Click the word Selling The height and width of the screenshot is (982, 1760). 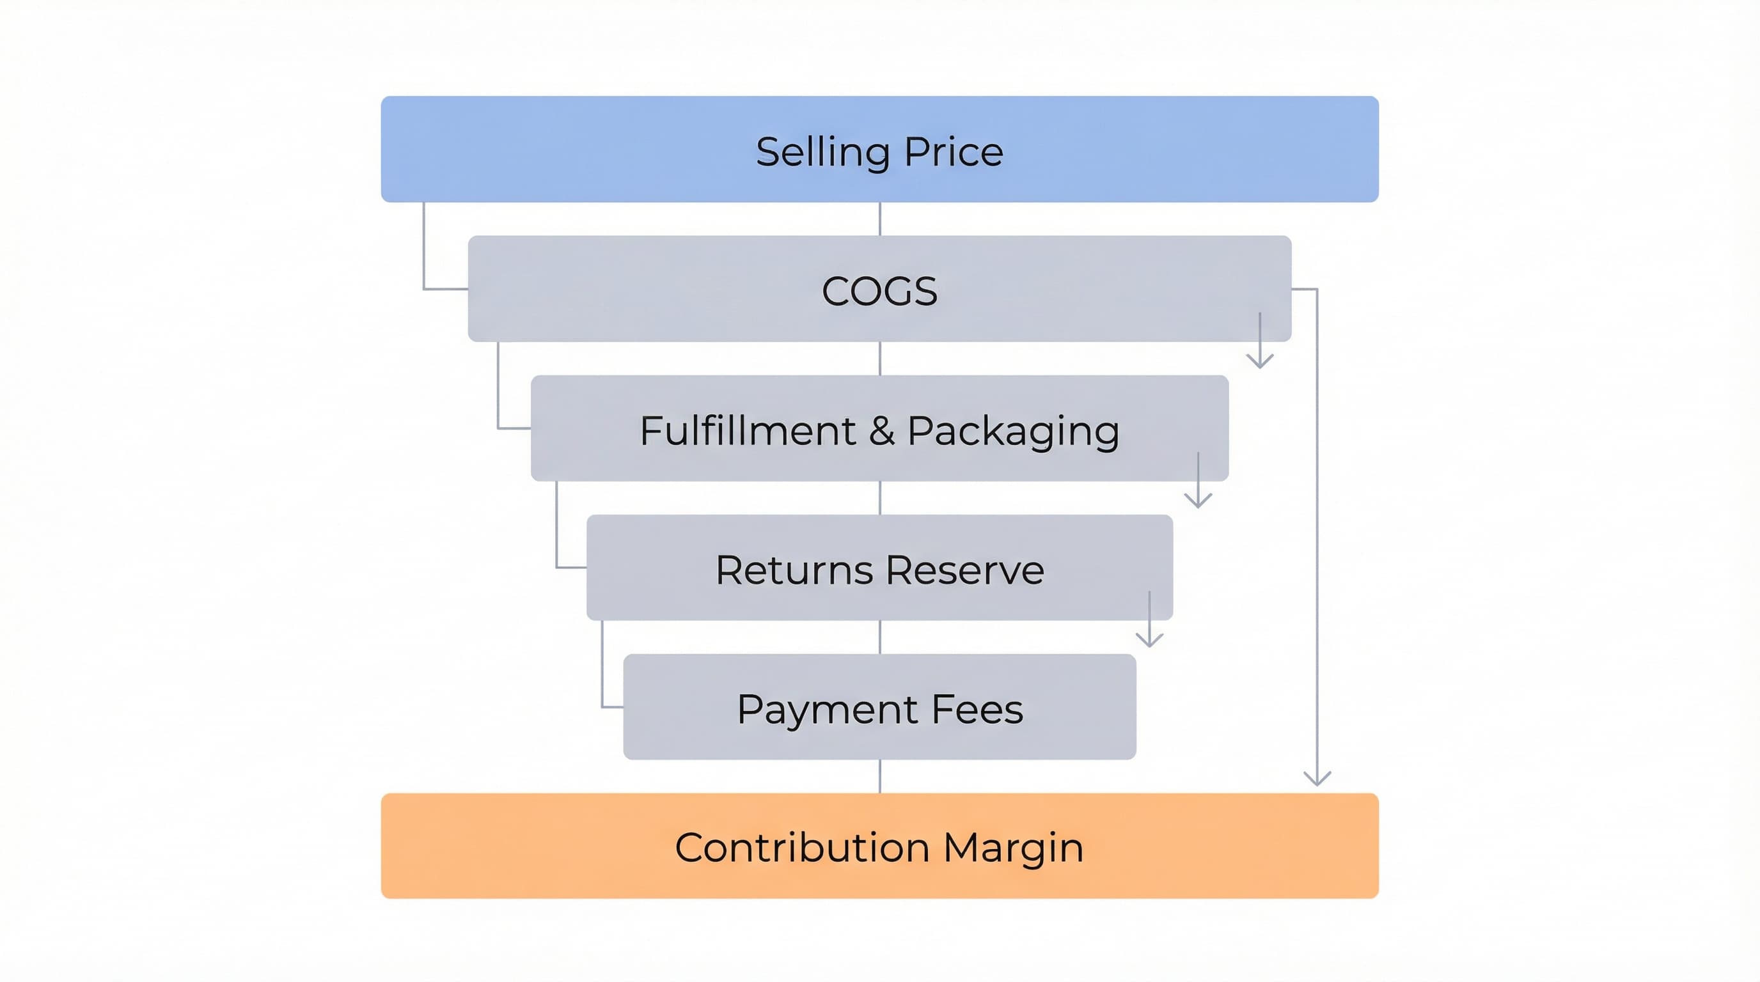pos(822,152)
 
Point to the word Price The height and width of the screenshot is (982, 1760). pos(954,152)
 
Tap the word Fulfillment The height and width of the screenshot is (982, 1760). pos(748,431)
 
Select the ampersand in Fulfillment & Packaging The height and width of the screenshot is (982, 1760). pos(882,431)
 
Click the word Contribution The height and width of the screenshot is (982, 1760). pos(802,848)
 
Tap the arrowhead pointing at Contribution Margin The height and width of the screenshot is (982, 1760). pos(1317,779)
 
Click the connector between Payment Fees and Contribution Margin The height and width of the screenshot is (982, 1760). pos(880,775)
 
